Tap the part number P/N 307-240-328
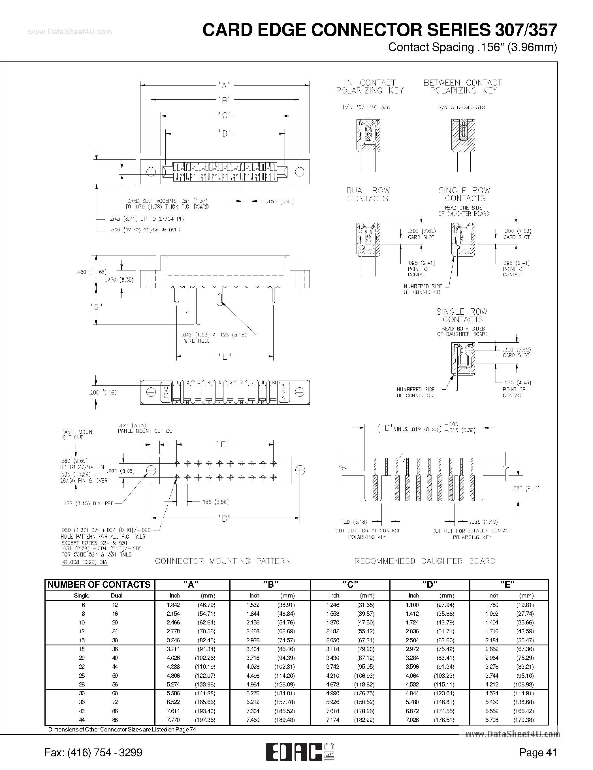pyautogui.click(x=366, y=107)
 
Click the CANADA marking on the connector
pyautogui.click(x=283, y=392)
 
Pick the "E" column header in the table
pyautogui.click(x=508, y=585)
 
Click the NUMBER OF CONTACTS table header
pyautogui.click(x=99, y=585)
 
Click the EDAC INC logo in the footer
pyautogui.click(x=300, y=752)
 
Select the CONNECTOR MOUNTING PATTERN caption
pyautogui.click(x=223, y=561)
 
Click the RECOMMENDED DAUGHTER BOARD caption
pyautogui.click(x=425, y=561)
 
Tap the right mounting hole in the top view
pyautogui.click(x=299, y=172)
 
